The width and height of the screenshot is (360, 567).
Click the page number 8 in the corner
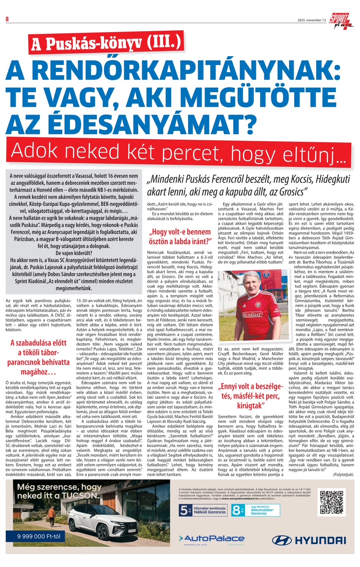[x=7, y=18]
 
